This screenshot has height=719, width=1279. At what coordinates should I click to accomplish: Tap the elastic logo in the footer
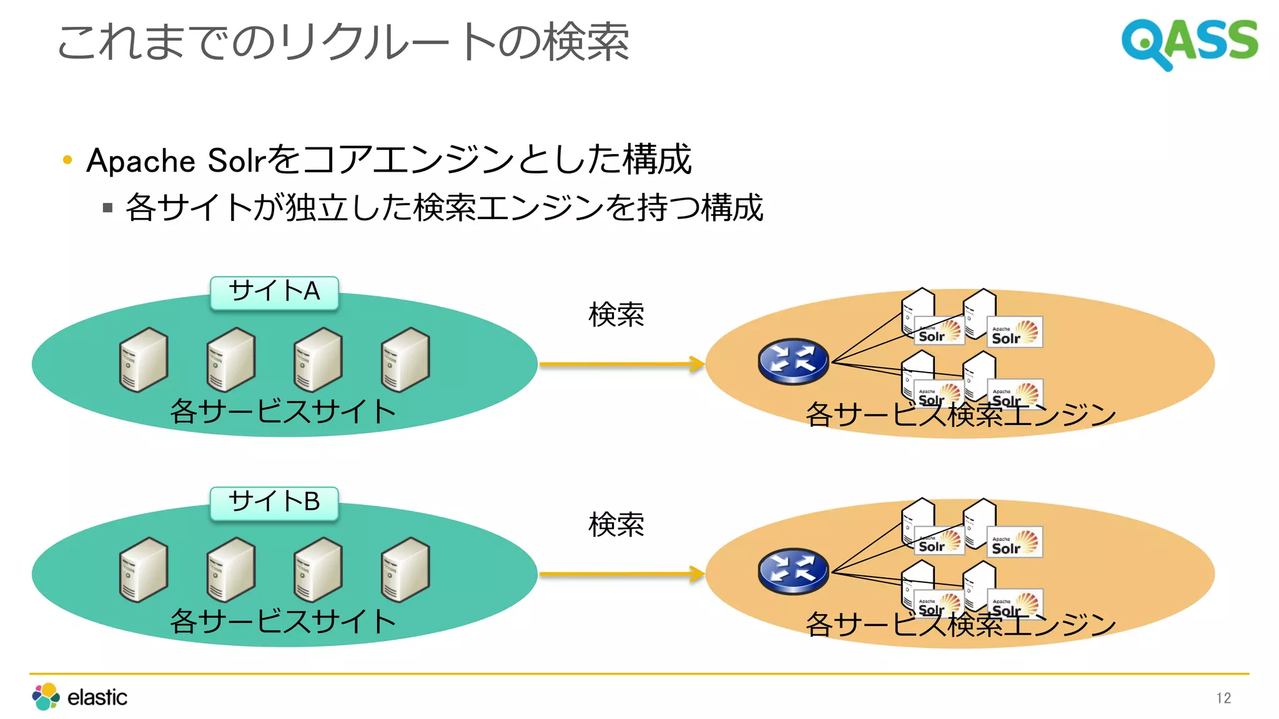coord(79,697)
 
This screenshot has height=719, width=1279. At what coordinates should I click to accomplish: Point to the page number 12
coord(1223,698)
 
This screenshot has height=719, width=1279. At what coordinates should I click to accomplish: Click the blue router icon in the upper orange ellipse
coord(793,361)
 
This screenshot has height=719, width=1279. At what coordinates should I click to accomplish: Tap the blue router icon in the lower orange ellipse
coord(793,571)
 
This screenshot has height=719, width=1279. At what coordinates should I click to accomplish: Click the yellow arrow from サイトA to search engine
coord(621,364)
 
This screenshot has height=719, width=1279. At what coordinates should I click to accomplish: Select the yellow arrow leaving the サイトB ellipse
coord(621,574)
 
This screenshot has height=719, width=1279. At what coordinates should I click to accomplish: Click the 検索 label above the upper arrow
coord(616,315)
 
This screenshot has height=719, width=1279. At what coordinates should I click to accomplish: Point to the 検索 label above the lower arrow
coord(616,524)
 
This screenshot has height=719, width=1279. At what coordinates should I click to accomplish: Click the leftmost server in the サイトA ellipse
coord(144,359)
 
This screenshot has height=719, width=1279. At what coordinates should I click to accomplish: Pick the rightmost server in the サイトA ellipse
coord(405,359)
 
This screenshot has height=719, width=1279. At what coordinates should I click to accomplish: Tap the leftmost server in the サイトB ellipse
coord(144,569)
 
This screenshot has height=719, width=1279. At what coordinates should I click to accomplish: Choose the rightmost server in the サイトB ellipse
coord(405,569)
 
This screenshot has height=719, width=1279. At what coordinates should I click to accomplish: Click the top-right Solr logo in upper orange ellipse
coord(1014,333)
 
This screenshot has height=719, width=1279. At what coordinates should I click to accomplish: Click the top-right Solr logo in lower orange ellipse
coord(1014,542)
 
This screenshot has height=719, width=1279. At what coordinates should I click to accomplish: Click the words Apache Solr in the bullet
coord(177,160)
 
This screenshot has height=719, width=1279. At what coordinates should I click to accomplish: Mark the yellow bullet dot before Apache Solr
coord(67,160)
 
